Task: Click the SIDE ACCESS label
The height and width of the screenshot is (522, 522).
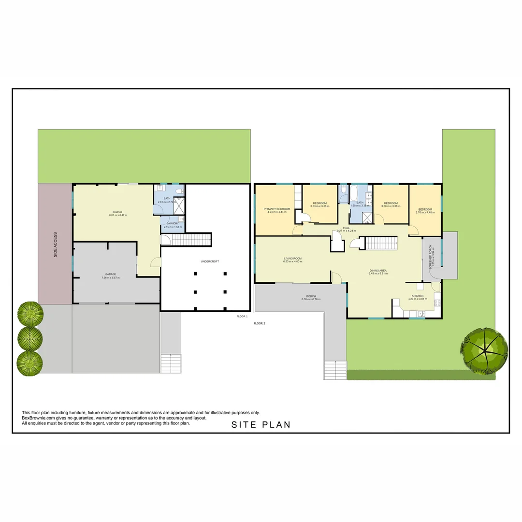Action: (x=55, y=245)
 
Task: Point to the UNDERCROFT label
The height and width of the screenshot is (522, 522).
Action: (x=210, y=261)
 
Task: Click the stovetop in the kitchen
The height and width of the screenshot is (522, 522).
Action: (x=437, y=304)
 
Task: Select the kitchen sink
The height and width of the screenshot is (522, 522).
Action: (x=417, y=314)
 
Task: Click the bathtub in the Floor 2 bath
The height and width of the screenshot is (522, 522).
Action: (x=354, y=193)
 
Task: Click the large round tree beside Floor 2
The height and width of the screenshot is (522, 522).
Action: (x=484, y=350)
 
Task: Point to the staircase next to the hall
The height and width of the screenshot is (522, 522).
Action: (x=381, y=243)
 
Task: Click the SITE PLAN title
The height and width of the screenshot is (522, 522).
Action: (x=261, y=425)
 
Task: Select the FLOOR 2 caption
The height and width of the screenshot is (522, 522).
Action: (x=260, y=323)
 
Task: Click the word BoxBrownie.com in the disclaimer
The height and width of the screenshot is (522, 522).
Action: (x=38, y=418)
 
